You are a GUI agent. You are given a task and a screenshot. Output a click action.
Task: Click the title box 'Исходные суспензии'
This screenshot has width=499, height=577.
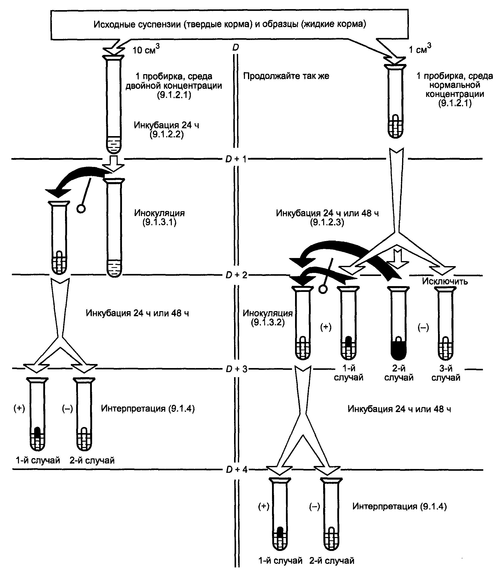[230, 24]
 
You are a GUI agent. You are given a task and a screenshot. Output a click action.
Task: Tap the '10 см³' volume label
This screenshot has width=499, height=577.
[146, 49]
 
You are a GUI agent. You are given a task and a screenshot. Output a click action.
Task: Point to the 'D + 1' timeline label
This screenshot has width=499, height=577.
[236, 159]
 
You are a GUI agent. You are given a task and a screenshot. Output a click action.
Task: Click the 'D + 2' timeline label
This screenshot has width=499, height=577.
[236, 275]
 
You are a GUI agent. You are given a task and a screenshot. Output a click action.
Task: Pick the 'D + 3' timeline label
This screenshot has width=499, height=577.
[236, 369]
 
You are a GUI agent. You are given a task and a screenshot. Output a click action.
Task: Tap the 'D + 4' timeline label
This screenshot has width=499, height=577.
[236, 470]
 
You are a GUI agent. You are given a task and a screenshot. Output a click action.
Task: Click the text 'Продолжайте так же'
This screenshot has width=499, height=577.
[286, 76]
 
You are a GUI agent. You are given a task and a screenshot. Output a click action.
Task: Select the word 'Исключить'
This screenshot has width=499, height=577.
[445, 281]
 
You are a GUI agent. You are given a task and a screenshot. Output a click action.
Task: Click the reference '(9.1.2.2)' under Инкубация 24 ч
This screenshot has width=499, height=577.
[167, 135]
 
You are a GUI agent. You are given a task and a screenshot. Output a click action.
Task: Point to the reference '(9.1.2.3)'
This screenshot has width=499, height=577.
[327, 222]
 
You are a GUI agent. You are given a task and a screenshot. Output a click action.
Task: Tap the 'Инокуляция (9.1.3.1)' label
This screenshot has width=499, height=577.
[159, 218]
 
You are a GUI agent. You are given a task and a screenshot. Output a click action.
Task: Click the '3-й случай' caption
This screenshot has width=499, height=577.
[446, 373]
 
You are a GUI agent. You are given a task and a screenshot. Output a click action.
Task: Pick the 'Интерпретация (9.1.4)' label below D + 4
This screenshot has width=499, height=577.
[400, 506]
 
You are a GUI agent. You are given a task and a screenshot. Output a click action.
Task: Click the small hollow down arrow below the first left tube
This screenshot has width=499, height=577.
[113, 164]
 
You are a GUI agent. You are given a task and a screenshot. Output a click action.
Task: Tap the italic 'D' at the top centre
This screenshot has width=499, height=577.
[236, 48]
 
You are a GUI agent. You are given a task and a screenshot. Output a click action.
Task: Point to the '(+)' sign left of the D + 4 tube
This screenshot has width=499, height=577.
[264, 506]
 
